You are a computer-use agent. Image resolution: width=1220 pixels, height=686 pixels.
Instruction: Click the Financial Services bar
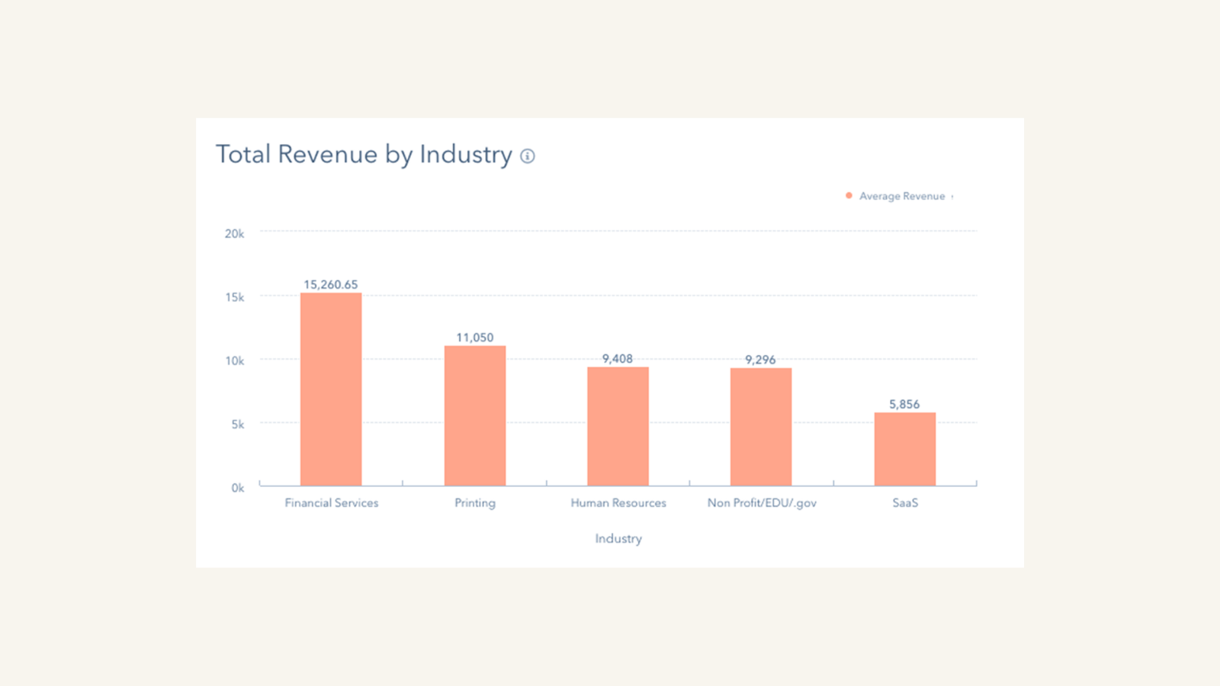(331, 389)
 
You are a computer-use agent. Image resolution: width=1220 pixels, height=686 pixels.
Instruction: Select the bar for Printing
(475, 415)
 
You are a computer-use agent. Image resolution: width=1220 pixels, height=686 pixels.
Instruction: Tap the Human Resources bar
(618, 426)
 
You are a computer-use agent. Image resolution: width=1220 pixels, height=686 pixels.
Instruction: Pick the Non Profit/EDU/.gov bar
(761, 427)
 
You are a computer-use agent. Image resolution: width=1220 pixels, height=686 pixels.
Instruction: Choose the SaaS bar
(904, 449)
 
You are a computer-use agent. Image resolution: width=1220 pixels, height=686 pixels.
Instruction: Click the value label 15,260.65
(331, 284)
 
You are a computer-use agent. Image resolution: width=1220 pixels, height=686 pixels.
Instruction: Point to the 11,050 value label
(475, 337)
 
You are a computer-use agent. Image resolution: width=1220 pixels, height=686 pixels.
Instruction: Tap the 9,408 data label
(618, 358)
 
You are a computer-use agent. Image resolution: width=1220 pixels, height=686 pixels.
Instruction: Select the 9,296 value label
(760, 359)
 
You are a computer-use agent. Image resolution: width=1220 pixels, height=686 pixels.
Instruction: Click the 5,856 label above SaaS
(904, 404)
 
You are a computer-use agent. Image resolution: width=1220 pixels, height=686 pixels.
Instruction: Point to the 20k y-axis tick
(234, 233)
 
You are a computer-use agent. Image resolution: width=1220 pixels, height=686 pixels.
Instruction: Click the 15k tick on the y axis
(234, 297)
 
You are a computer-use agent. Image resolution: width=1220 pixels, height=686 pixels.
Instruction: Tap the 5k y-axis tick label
(238, 424)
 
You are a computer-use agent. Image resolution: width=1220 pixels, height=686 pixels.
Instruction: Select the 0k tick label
(238, 488)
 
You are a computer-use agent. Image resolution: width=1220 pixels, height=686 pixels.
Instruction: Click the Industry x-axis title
(618, 538)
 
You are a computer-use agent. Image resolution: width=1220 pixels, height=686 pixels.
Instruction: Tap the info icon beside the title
(528, 156)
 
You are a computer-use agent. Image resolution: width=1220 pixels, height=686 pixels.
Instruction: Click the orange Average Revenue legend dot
(849, 196)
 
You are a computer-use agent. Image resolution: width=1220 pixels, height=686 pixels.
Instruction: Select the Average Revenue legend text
(902, 196)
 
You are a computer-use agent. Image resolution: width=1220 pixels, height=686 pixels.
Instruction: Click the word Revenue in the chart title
(327, 154)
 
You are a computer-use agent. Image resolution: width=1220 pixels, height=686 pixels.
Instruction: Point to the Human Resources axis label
(618, 502)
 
